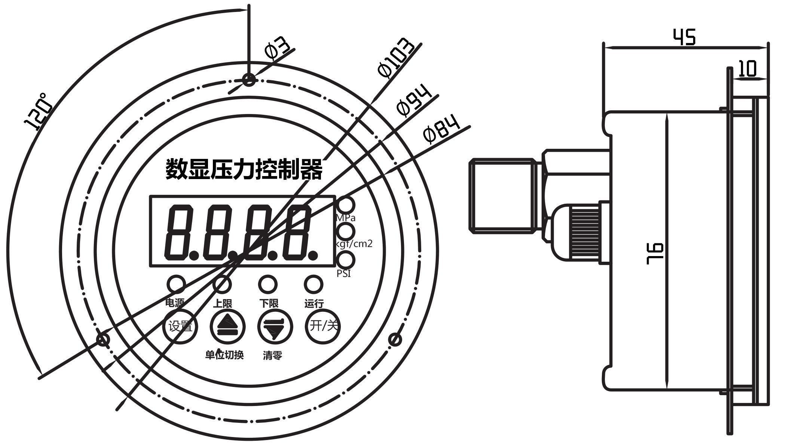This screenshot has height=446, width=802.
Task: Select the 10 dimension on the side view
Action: click(748, 69)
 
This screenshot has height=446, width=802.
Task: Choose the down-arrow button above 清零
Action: click(275, 326)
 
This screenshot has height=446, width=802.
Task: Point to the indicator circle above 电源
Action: click(175, 284)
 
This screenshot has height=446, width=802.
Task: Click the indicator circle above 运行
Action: click(313, 284)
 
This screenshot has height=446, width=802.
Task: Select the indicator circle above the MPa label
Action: click(346, 205)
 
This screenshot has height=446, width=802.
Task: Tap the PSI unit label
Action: click(344, 274)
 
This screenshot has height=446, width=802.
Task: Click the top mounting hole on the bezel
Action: click(249, 80)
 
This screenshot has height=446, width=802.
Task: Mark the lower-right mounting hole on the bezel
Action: click(395, 340)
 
